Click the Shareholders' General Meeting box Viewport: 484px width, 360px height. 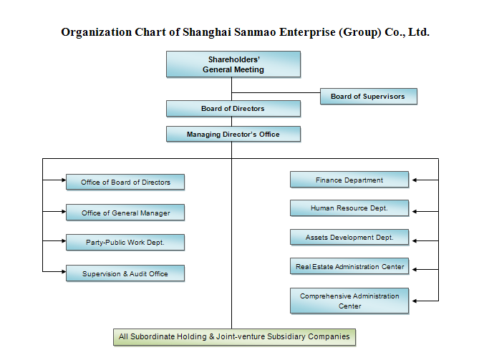233,64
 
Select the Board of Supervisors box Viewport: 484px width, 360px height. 367,97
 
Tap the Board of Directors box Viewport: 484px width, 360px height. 233,109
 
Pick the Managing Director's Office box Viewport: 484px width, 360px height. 233,135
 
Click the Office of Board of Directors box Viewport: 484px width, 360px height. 125,183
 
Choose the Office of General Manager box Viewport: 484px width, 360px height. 125,213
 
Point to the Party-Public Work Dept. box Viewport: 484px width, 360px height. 125,243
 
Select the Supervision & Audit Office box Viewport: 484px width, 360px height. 125,273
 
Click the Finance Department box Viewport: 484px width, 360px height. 349,180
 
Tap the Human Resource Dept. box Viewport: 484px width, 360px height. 349,208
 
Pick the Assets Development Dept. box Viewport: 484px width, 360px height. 349,237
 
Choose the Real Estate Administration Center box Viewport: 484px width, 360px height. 349,267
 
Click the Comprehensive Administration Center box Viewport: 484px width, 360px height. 349,301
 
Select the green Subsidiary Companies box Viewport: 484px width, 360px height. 234,336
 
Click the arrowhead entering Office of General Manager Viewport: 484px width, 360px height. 63,212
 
